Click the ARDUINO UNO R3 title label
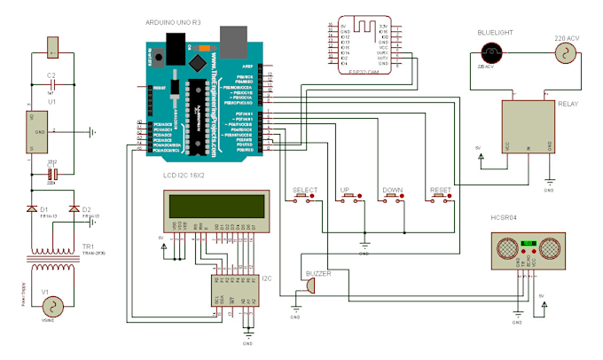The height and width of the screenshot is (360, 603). pos(175,20)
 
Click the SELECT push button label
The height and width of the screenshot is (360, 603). pos(305,191)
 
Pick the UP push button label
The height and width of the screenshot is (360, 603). pos(345,191)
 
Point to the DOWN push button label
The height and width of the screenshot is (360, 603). pos(392,191)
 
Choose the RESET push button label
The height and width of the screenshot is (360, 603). pos(441,191)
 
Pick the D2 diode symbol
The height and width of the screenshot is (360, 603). pos(73,210)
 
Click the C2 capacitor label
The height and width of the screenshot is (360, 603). pos(51,74)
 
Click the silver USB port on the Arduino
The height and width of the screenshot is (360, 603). pos(234,40)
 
